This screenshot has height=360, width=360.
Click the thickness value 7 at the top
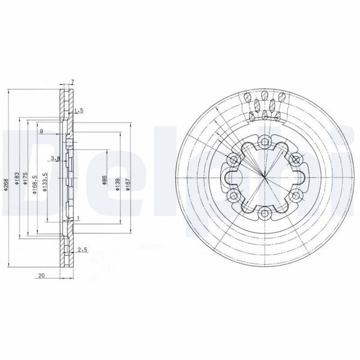pos(72,82)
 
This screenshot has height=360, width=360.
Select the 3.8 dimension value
pos(55,158)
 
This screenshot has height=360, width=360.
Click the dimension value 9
pos(41,131)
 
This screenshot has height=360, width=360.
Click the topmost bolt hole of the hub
pos(265,142)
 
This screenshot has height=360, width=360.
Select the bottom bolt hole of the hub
pos(265,214)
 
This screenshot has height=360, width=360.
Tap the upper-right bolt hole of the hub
pos(296,160)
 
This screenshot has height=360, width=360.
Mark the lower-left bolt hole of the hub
pos(233,196)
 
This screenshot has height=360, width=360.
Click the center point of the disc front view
pos(265,178)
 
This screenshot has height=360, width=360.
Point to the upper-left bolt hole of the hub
pos(233,160)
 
